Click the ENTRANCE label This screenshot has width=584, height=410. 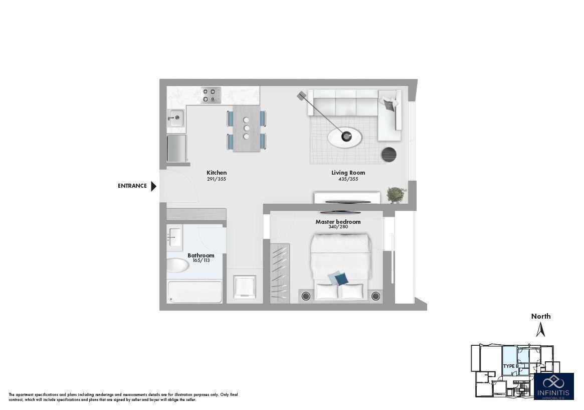pos(132,186)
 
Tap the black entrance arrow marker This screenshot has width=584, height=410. pos(154,186)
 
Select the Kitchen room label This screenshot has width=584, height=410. pos(217,173)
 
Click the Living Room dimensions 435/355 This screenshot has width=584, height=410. pos(348,179)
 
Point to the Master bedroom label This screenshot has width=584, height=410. pos(338,222)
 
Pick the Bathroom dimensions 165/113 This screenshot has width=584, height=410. pos(201,260)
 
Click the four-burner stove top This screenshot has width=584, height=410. pos(211,95)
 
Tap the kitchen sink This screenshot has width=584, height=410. pos(176,118)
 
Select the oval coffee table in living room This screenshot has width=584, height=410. pos(345,136)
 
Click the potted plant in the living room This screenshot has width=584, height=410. pos(397,194)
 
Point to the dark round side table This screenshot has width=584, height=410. pos(389,155)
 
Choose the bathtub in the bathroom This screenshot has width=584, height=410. pos(195,292)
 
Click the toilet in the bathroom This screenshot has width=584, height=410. pos(177,265)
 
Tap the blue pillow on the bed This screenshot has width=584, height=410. pos(339,279)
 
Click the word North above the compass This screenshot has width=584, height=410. pos(541,316)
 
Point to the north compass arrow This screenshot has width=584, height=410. pos(540,329)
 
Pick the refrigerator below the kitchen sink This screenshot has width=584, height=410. pos(176,148)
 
